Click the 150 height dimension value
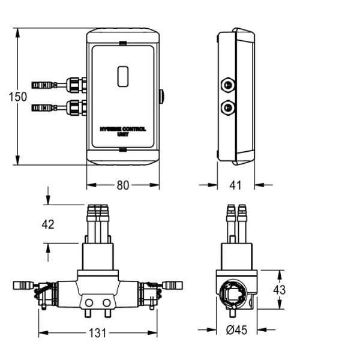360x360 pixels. tap(19, 96)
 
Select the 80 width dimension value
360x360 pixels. tap(122, 185)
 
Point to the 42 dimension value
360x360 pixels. tap(48, 224)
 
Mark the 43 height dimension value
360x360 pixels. tap(279, 289)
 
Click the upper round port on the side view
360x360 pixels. tap(229, 85)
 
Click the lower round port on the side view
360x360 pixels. tap(229, 108)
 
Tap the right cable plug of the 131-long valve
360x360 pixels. tap(173, 283)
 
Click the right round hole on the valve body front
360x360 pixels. tap(107, 301)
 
